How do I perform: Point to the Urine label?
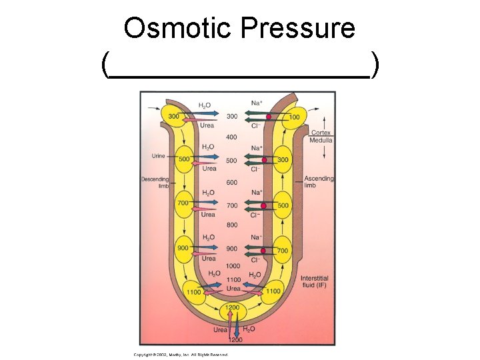(158, 156)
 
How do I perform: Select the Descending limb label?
(155, 182)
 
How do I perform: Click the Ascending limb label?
(319, 182)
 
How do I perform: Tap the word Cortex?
(320, 125)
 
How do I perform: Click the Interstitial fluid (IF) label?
(314, 285)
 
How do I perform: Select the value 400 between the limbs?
(231, 137)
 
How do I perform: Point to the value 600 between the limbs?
(231, 183)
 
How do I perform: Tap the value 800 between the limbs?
(231, 225)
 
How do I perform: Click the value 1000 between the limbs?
(233, 266)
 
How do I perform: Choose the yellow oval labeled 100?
(293, 117)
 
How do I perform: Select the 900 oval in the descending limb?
(183, 249)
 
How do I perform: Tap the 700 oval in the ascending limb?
(283, 251)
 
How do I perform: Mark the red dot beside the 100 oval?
(268, 117)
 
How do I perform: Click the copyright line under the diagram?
(180, 355)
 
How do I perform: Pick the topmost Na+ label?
(256, 103)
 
